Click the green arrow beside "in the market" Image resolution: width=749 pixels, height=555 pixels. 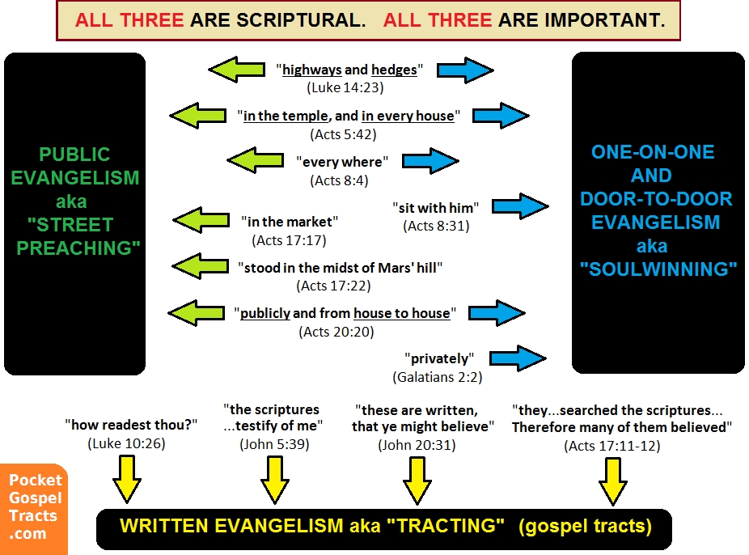[x=201, y=220]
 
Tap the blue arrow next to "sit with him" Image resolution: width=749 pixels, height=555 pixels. [x=520, y=206]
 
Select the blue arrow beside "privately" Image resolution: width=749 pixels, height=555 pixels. [x=518, y=358]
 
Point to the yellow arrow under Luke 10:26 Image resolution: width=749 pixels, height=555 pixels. [x=127, y=479]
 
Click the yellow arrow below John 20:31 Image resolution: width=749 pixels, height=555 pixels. [x=417, y=481]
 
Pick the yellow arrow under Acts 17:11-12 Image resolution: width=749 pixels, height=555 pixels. [x=613, y=481]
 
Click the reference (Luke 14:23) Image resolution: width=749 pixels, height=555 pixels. [x=345, y=88]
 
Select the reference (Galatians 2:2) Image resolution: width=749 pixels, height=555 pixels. [x=437, y=377]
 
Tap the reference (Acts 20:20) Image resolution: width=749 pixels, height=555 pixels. [x=336, y=332]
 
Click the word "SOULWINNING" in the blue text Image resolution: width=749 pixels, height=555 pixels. [x=658, y=269]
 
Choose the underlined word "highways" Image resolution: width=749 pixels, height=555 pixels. [x=312, y=70]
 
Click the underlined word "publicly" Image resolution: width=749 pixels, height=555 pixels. [x=265, y=313]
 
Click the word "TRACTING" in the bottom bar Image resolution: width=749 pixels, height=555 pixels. [x=445, y=526]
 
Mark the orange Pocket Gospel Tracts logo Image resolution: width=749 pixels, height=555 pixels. [x=34, y=509]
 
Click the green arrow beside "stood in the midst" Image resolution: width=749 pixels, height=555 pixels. [x=200, y=266]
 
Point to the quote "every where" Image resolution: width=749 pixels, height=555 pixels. [x=342, y=162]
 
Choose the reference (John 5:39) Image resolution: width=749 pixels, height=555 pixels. [x=274, y=444]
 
